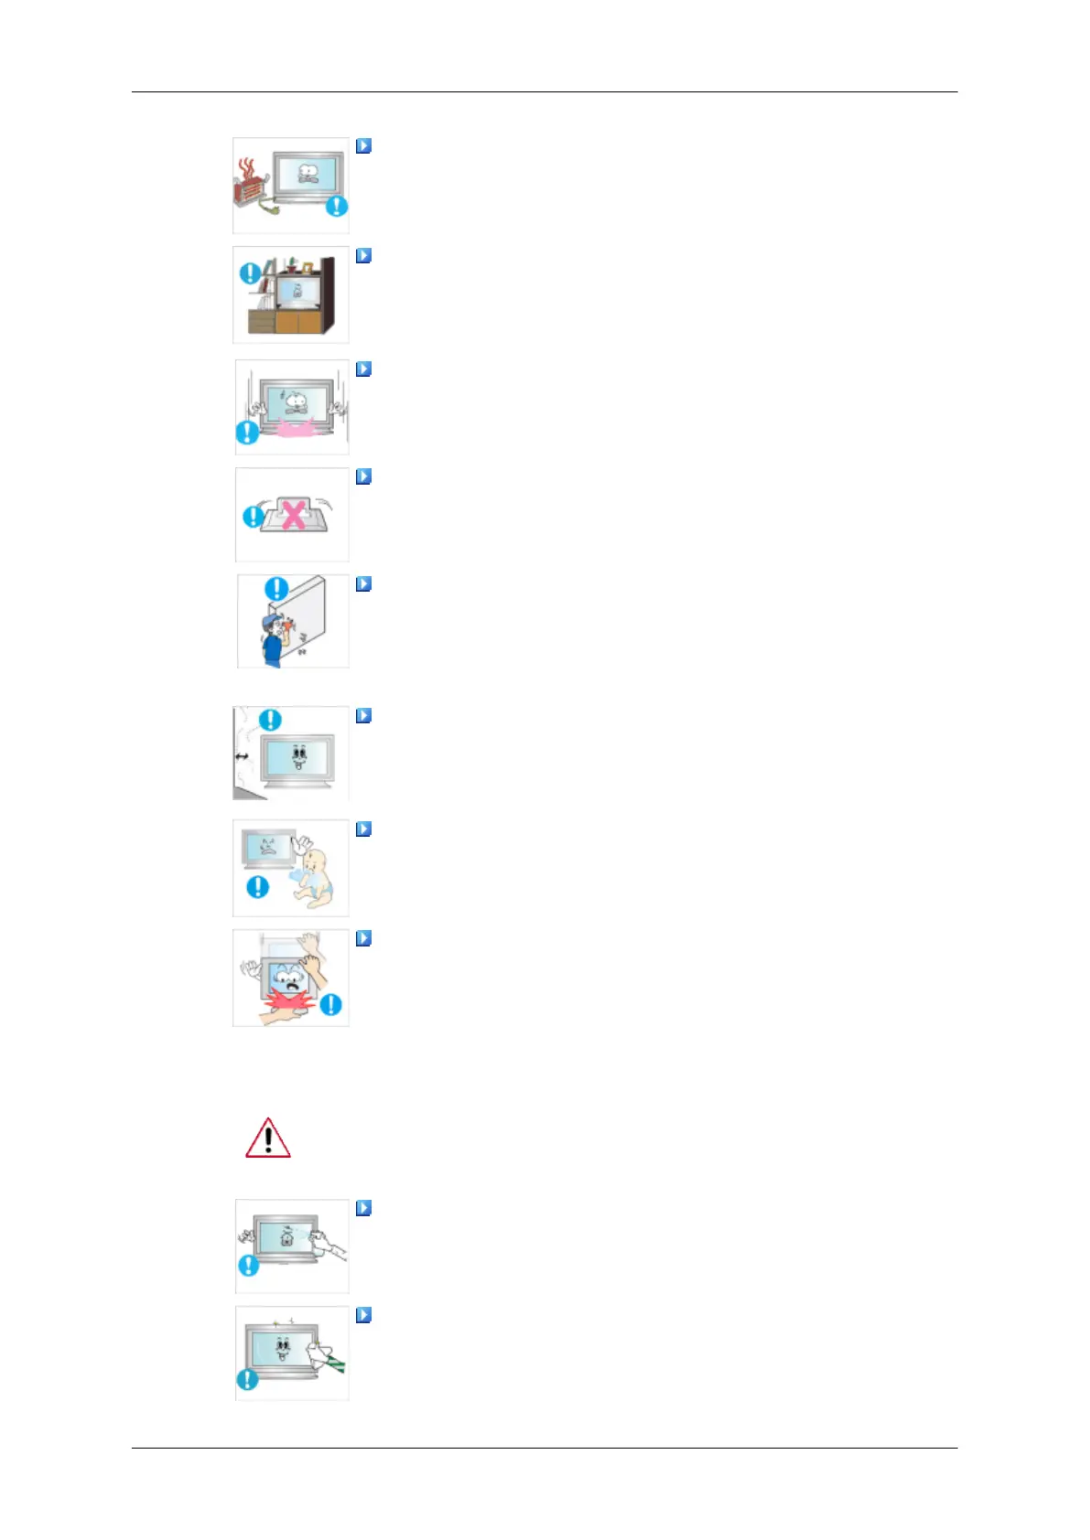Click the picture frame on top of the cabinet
[x=308, y=266]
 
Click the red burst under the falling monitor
[x=291, y=1004]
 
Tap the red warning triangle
[x=268, y=1139]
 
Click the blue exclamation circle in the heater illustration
[x=337, y=207]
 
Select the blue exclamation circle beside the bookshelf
[x=248, y=273]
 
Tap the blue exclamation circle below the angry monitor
[x=258, y=886]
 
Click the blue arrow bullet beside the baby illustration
[x=363, y=829]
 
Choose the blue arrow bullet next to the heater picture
[x=363, y=145]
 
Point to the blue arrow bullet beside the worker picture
[x=363, y=583]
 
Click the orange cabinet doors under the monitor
[x=298, y=323]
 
